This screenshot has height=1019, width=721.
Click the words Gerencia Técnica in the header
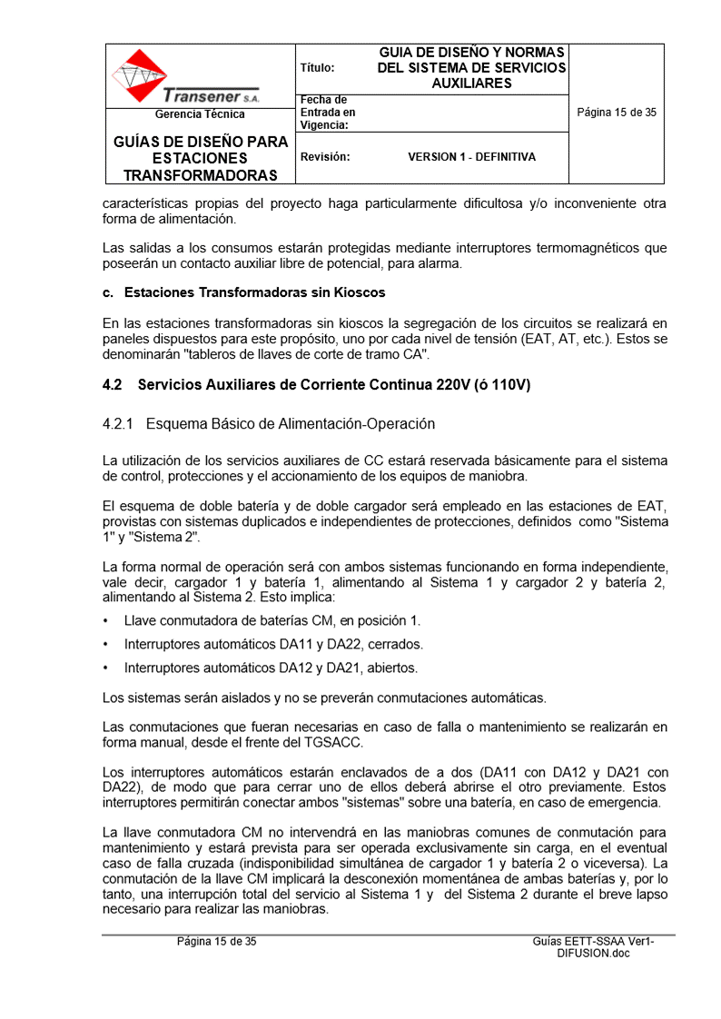[200, 114]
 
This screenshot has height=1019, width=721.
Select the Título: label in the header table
[317, 68]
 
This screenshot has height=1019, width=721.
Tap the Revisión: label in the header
[325, 157]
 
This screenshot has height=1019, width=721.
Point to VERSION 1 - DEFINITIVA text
[471, 157]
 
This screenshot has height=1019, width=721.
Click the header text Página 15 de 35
[617, 114]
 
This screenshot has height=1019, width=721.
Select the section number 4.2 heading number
[112, 385]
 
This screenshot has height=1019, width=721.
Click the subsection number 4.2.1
[118, 424]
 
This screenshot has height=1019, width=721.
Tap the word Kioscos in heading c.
[359, 292]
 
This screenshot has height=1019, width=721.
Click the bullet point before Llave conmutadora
[106, 621]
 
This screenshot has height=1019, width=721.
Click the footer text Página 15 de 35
[216, 942]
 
